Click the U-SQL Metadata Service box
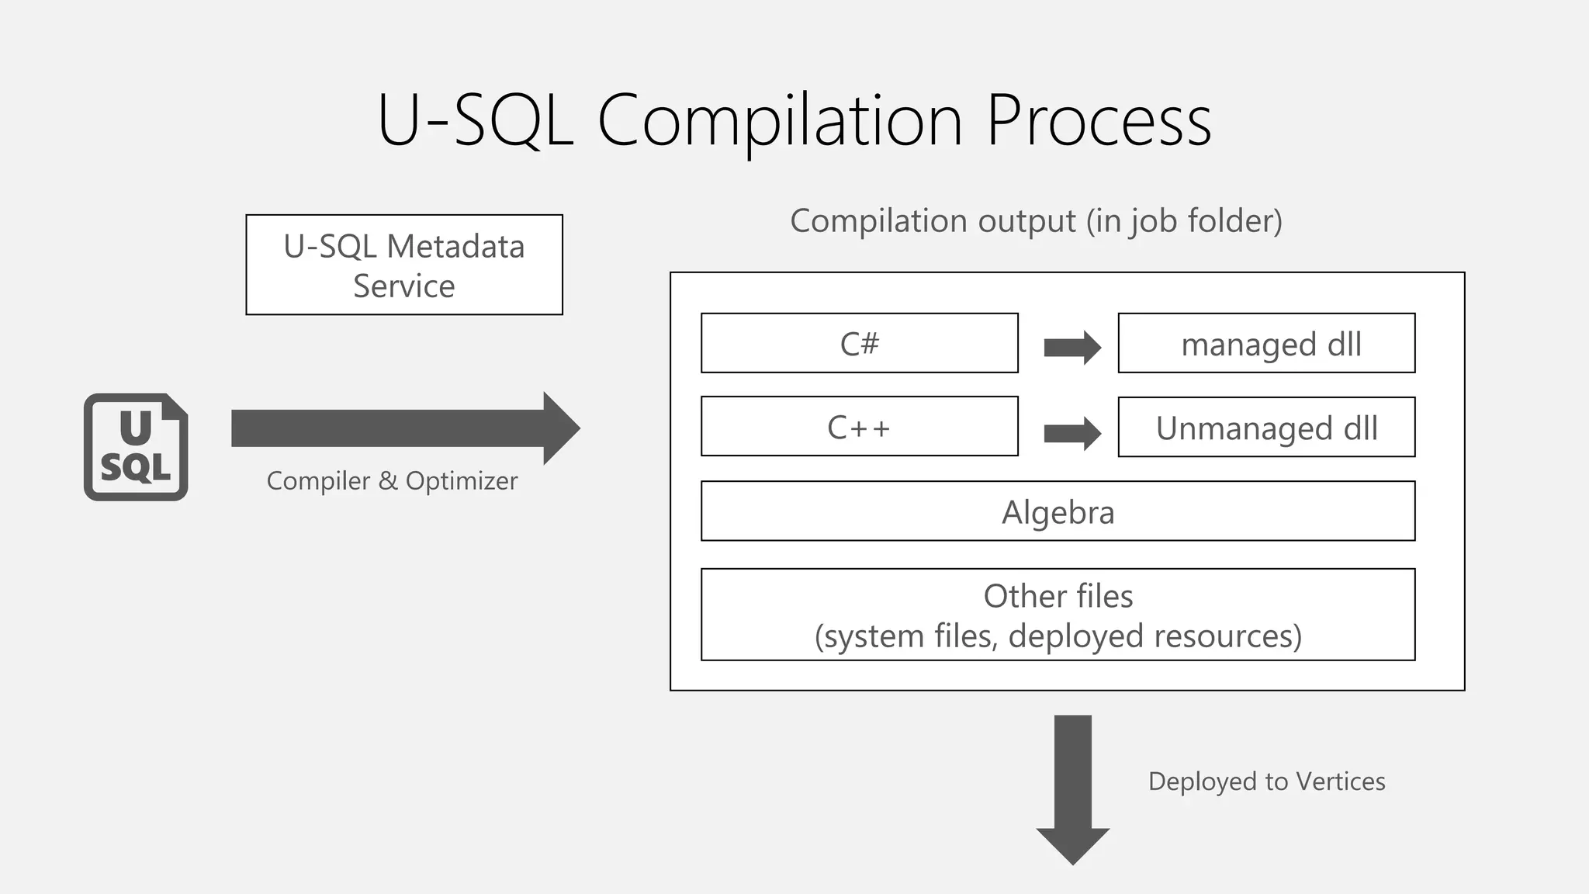click(x=403, y=265)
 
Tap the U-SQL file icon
click(x=136, y=447)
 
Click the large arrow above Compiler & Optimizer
click(x=403, y=428)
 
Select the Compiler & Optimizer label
click(x=392, y=481)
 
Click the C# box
click(x=859, y=343)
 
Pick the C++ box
click(x=859, y=427)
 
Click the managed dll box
click(x=1266, y=344)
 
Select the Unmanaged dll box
click(x=1266, y=428)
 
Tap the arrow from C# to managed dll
click(x=1071, y=347)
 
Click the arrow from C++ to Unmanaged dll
click(x=1071, y=433)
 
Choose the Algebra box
click(x=1058, y=511)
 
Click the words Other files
click(x=1058, y=596)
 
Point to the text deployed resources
click(x=1154, y=636)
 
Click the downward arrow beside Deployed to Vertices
click(x=1073, y=788)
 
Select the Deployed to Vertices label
click(x=1266, y=781)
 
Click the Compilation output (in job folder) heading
click(x=1036, y=221)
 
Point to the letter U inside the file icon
click(x=136, y=427)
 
